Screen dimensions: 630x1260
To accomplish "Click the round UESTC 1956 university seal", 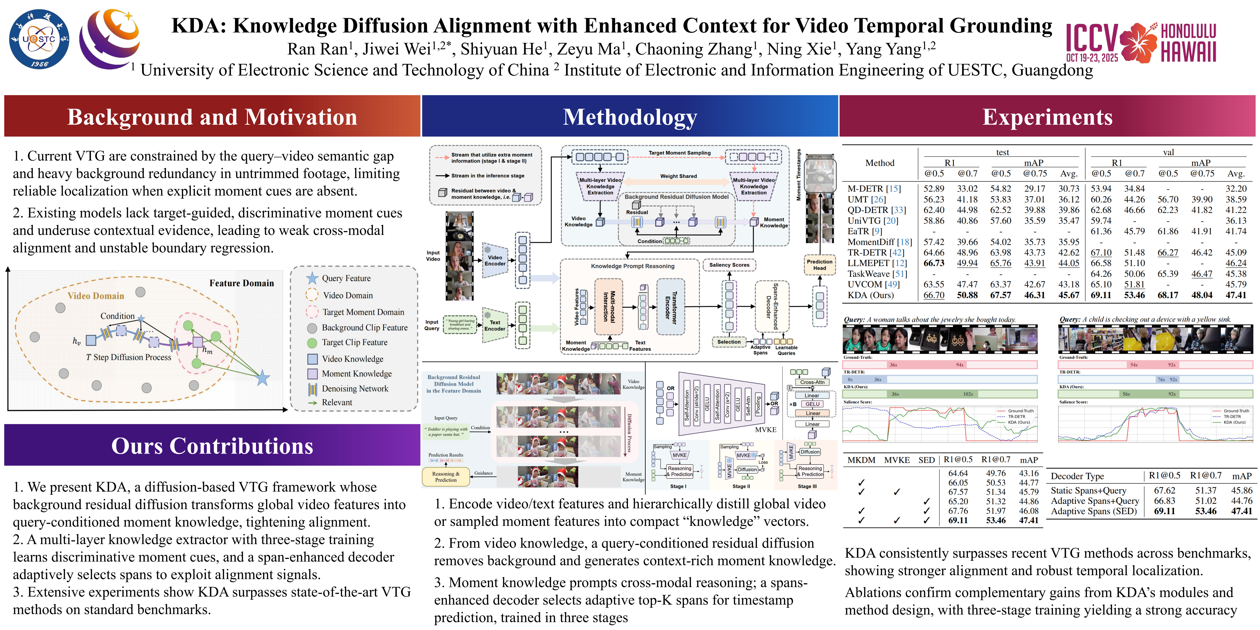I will [x=39, y=39].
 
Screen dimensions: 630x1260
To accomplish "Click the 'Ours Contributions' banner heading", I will [x=212, y=446].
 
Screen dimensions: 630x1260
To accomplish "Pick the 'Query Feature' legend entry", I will [x=346, y=278].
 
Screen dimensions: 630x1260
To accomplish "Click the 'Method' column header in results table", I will [x=880, y=163].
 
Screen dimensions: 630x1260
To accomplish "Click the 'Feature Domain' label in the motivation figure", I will [x=242, y=283].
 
